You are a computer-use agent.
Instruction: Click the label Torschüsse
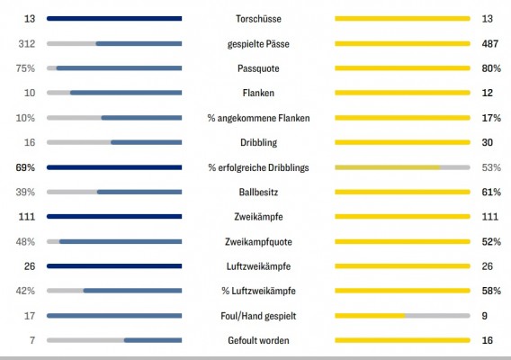258,19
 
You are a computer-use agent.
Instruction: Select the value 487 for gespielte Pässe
489,44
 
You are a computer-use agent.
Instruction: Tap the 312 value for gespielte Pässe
27,44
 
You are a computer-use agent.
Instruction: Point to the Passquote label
258,68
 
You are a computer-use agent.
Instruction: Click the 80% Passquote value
491,68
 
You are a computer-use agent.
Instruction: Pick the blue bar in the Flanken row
126,93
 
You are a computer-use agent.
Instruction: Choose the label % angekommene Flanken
258,118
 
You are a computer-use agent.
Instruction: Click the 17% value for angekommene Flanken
491,118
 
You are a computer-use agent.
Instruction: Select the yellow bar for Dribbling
402,142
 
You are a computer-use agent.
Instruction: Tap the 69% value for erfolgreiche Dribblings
25,167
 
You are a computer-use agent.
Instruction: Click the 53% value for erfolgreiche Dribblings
491,167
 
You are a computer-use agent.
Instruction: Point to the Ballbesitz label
258,192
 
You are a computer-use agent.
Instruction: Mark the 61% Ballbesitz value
491,192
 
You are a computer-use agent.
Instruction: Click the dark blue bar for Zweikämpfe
114,217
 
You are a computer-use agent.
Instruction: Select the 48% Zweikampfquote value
25,241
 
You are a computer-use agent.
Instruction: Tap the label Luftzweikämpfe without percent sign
258,266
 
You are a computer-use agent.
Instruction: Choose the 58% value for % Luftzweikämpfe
491,291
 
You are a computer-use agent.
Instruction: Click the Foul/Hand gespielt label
258,316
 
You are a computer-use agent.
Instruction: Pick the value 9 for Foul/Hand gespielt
485,316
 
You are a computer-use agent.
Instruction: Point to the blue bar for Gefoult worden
153,340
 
